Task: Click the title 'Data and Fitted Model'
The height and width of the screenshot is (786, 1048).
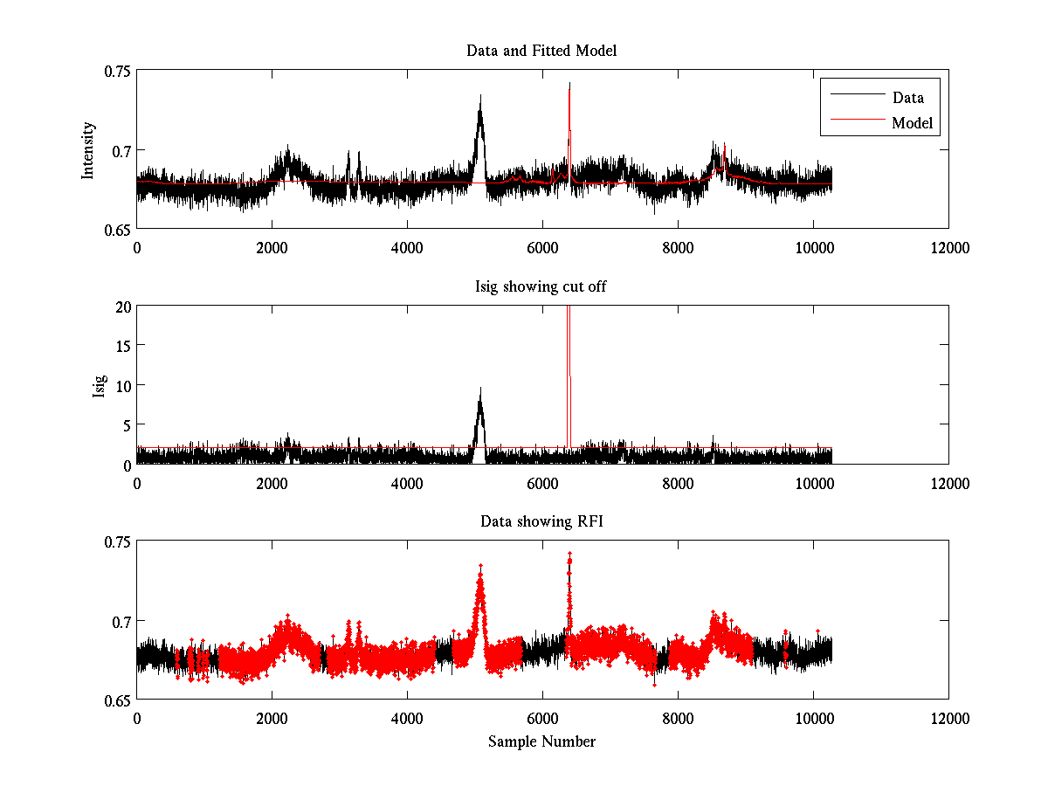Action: pyautogui.click(x=541, y=51)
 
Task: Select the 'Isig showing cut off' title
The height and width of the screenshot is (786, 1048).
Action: pyautogui.click(x=541, y=286)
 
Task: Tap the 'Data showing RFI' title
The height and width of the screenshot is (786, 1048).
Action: pyautogui.click(x=541, y=522)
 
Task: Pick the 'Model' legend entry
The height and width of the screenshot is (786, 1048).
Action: pyautogui.click(x=912, y=123)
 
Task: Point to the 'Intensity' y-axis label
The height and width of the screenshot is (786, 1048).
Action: pyautogui.click(x=87, y=150)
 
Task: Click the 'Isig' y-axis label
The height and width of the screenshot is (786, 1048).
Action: pyautogui.click(x=99, y=385)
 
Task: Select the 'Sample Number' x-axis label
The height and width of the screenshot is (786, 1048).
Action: pyautogui.click(x=541, y=741)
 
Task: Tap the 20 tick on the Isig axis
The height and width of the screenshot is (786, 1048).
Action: pyautogui.click(x=121, y=307)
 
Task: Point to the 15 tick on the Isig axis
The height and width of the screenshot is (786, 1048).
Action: pyautogui.click(x=121, y=346)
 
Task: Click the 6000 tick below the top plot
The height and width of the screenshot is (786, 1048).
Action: pyautogui.click(x=542, y=247)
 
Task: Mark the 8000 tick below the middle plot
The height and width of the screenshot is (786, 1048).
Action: pyautogui.click(x=678, y=482)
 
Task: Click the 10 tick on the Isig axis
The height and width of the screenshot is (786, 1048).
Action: pyautogui.click(x=121, y=385)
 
